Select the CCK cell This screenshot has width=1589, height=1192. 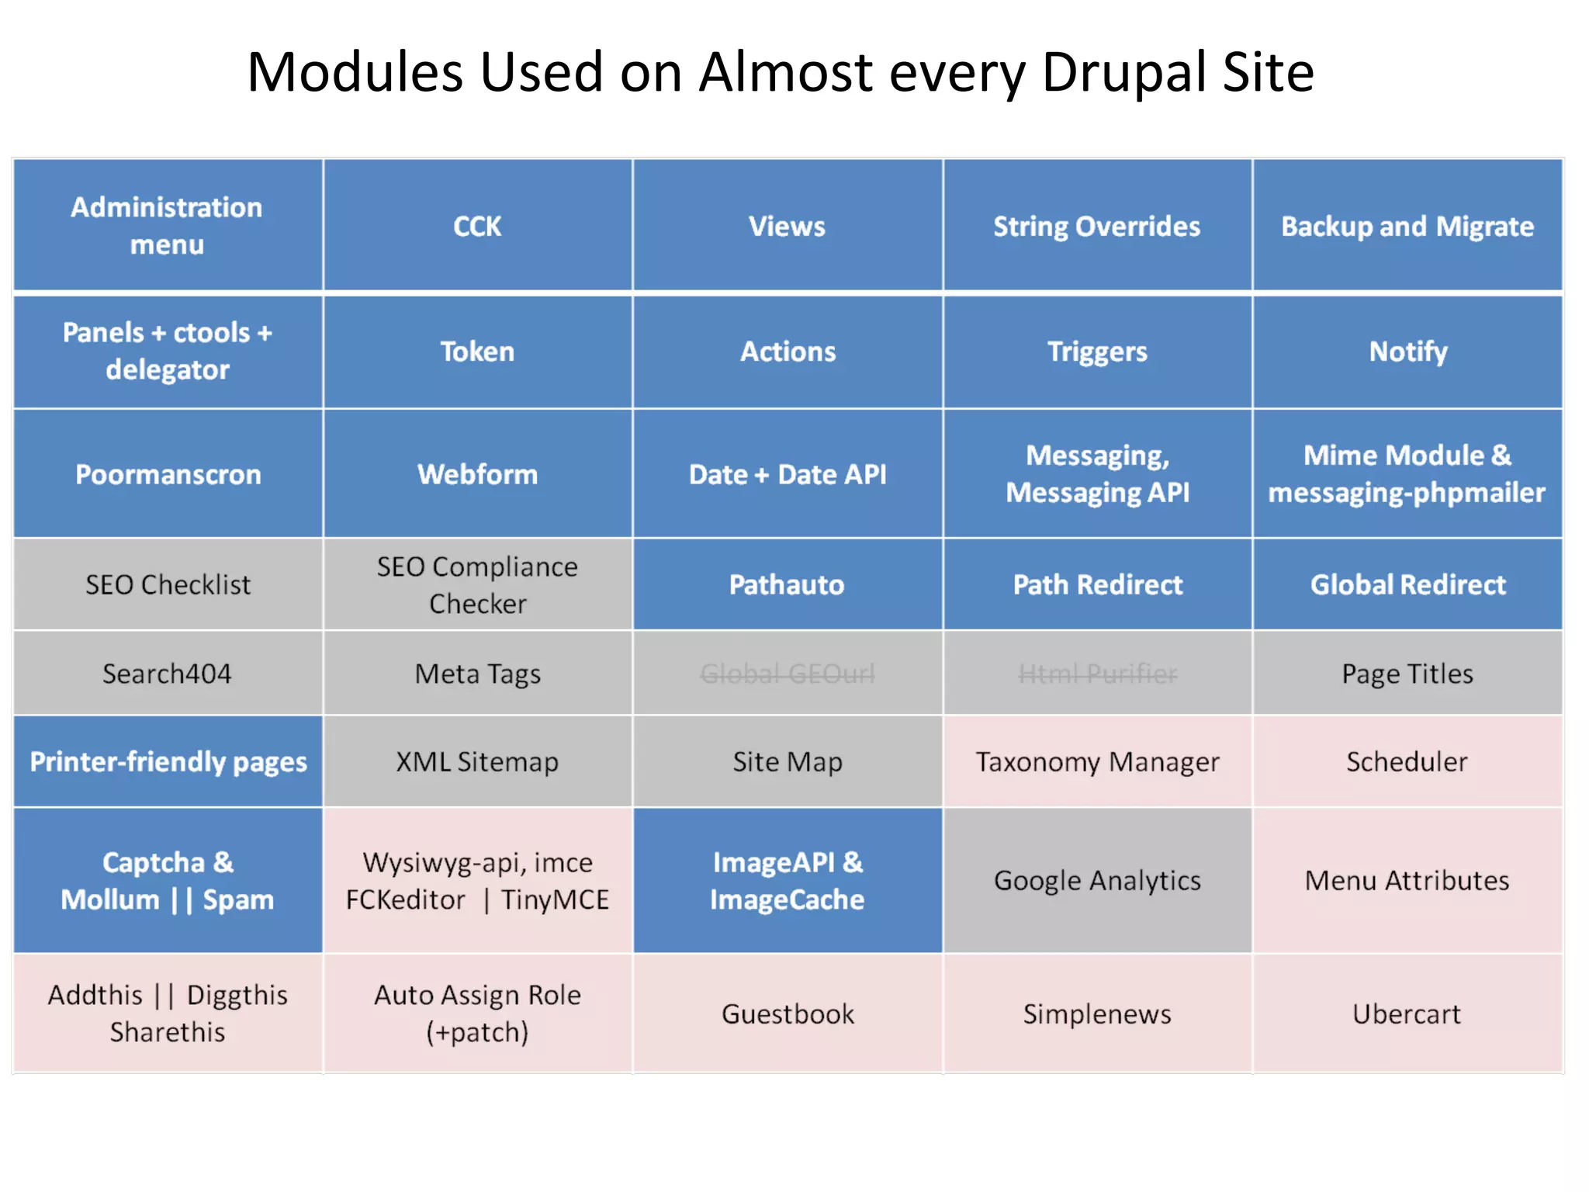point(477,227)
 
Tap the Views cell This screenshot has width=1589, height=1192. point(787,227)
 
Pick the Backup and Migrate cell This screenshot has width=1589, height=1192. point(1407,227)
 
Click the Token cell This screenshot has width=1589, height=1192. point(477,352)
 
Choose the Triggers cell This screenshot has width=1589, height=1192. point(1097,352)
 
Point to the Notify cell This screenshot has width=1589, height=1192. point(1407,352)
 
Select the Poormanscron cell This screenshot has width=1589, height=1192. point(168,474)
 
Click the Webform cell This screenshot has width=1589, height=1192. point(477,474)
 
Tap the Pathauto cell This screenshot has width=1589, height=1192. point(787,584)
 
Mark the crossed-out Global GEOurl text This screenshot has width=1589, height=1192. point(787,674)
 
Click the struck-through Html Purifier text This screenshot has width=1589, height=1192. point(1097,674)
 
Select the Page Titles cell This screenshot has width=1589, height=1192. point(1407,674)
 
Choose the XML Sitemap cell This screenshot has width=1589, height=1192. point(477,762)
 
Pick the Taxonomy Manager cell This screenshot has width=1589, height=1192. point(1097,762)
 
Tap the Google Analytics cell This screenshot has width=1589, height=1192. point(1097,881)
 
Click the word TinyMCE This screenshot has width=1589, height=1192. point(555,900)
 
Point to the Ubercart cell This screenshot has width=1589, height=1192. point(1407,1014)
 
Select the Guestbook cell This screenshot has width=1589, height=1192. point(787,1014)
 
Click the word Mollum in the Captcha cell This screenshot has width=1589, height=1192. point(110,900)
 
